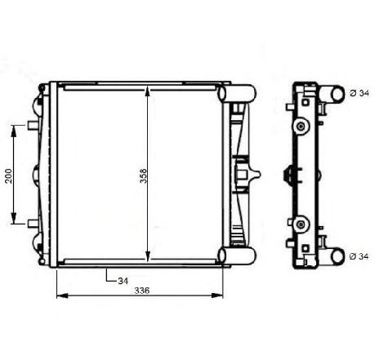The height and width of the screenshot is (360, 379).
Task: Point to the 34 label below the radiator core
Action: point(123,280)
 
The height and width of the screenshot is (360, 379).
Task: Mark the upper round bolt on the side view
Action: point(301,126)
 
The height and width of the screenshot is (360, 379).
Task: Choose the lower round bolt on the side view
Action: point(301,222)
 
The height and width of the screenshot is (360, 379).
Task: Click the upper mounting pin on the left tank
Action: point(30,125)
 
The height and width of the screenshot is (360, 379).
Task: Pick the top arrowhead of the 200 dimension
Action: point(14,128)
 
